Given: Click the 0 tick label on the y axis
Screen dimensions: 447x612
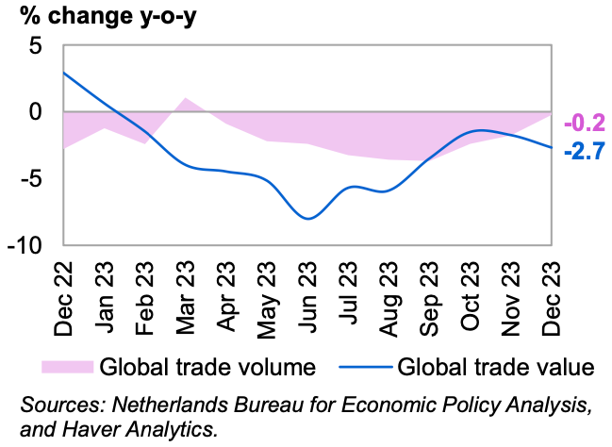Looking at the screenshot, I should [x=37, y=111].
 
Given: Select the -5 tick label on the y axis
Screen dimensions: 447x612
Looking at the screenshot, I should [x=32, y=178].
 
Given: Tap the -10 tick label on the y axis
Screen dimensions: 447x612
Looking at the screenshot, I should [x=26, y=244].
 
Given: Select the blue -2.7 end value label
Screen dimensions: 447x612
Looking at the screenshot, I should [x=584, y=151].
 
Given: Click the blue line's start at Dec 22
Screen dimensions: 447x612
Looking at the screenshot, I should [x=64, y=72].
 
